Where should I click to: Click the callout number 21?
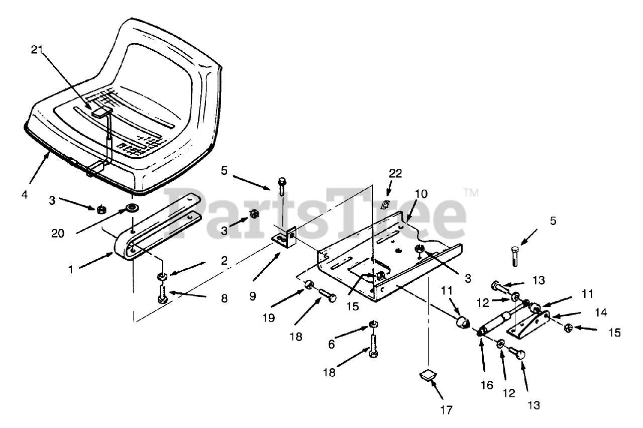tap(37, 50)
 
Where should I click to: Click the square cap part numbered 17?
tap(426, 375)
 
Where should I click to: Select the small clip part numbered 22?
tap(386, 204)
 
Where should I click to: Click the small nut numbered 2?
tap(162, 276)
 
